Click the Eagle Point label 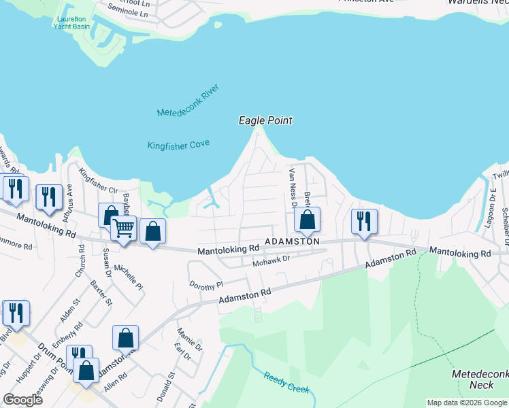(265, 120)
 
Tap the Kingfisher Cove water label (178, 144)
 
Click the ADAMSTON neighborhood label (292, 241)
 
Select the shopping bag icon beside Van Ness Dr (307, 220)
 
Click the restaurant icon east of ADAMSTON (364, 221)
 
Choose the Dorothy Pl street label (206, 285)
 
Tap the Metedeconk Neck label (476, 379)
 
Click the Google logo (22, 399)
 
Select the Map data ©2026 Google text (466, 403)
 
